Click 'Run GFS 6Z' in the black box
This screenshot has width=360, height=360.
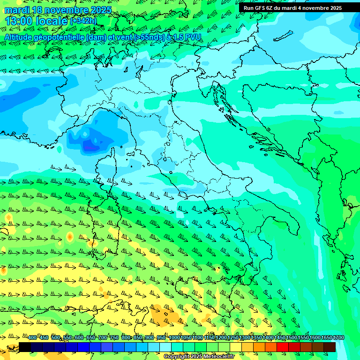pyautogui.click(x=260, y=8)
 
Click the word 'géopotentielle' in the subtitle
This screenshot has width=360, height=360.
pyautogui.click(x=59, y=37)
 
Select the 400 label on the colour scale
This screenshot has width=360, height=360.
pyautogui.click(x=32, y=338)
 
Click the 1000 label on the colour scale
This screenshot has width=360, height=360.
pyautogui.click(x=174, y=338)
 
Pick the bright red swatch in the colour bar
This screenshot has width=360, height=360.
pyautogui.click(x=283, y=347)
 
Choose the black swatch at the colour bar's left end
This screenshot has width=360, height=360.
pyautogui.click(x=25, y=347)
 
